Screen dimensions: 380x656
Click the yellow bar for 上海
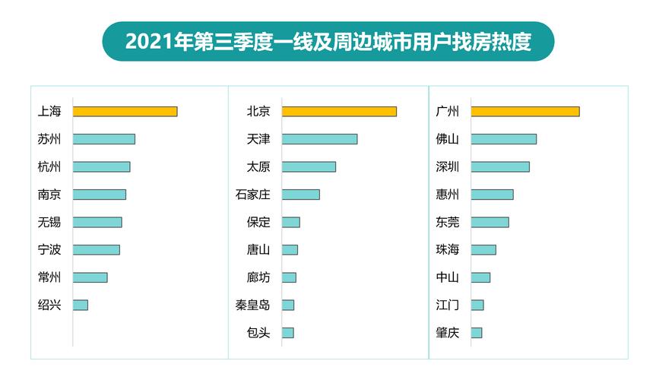click(x=125, y=111)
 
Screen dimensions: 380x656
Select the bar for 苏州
click(x=103, y=139)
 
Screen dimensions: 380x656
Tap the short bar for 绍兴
click(x=80, y=305)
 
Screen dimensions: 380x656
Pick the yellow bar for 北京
click(x=339, y=111)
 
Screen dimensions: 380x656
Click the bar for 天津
click(x=319, y=139)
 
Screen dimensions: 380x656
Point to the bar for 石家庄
click(x=300, y=195)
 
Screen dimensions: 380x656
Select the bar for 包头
click(x=287, y=333)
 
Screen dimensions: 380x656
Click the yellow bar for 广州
click(x=524, y=111)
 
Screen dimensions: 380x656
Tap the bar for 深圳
click(x=499, y=166)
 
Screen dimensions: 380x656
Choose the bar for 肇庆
click(x=476, y=333)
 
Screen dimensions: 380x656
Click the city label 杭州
click(x=49, y=166)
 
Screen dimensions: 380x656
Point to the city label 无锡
click(x=49, y=222)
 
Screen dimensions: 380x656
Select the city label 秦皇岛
click(x=252, y=305)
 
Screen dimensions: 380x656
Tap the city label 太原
click(x=258, y=166)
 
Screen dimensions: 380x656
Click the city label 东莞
click(x=448, y=222)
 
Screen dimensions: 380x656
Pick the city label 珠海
click(x=448, y=249)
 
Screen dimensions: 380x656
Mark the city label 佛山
click(x=448, y=139)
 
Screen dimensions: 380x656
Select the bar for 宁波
click(x=96, y=249)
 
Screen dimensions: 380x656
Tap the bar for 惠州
click(x=492, y=195)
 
